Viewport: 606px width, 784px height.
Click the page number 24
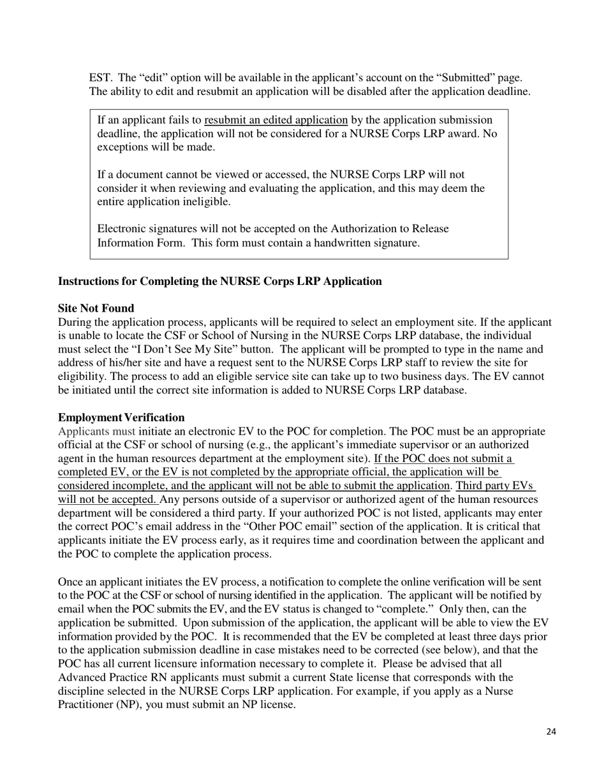click(551, 731)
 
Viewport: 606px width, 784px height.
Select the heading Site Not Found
click(96, 309)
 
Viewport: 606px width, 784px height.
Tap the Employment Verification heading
click(121, 417)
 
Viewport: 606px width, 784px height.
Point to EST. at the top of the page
click(101, 78)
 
